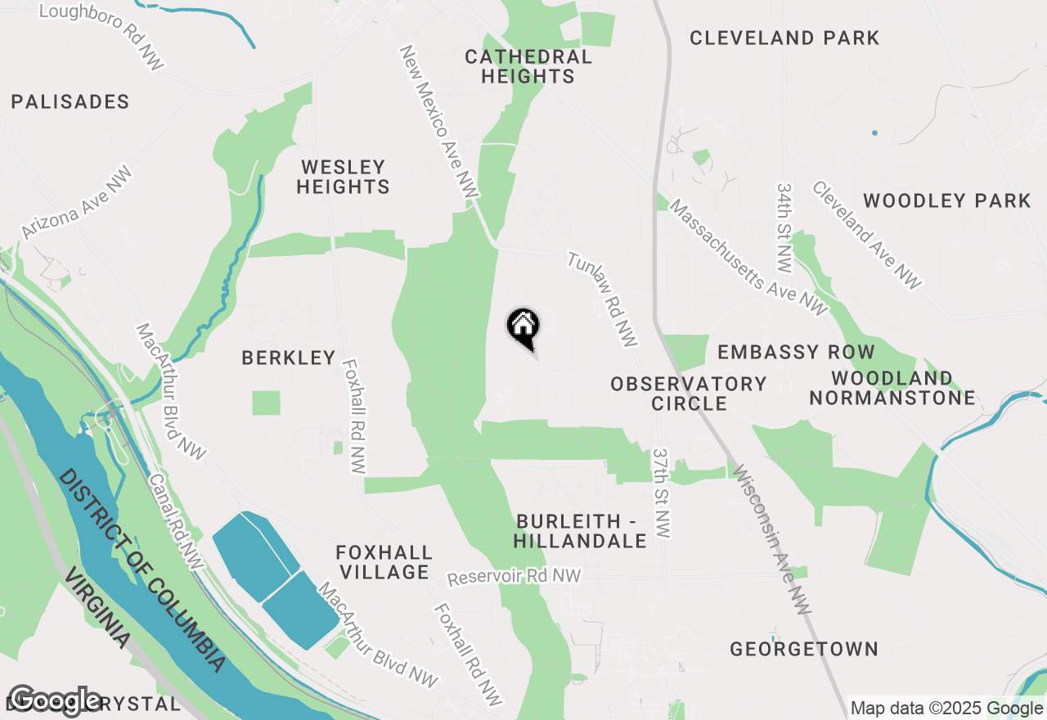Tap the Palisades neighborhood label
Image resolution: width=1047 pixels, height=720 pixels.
point(70,102)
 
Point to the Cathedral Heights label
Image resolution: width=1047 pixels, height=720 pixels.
point(528,66)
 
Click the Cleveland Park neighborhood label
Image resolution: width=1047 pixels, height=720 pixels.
point(784,38)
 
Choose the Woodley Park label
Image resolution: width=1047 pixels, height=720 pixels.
point(947,201)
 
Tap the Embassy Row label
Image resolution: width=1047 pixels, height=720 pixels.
point(796,353)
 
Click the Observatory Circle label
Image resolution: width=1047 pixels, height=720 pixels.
point(689,394)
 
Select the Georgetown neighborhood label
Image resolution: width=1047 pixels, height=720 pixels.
point(804,650)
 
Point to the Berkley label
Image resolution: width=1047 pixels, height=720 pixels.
point(289,358)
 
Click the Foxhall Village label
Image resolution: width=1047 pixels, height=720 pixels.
point(384,562)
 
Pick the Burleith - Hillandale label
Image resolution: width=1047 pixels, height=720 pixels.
point(582,531)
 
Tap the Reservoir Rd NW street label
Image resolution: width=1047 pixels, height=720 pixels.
point(514,577)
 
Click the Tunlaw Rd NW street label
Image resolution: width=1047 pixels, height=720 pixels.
point(603,299)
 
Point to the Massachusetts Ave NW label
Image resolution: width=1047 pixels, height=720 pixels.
point(748,257)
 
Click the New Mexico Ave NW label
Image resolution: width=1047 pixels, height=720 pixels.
point(438,121)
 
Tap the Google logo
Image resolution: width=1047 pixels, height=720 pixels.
point(55,700)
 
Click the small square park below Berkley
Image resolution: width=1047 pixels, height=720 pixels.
point(266,403)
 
